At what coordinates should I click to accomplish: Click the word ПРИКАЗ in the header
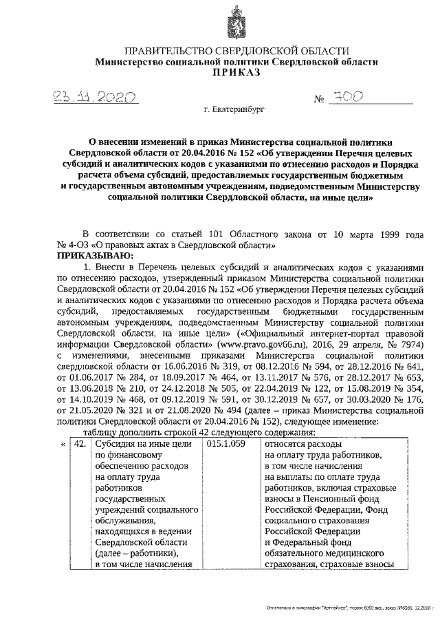point(236,72)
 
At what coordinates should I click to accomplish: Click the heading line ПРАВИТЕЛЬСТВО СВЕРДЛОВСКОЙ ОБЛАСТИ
point(236,51)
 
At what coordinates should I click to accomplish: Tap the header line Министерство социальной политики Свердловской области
point(236,61)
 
